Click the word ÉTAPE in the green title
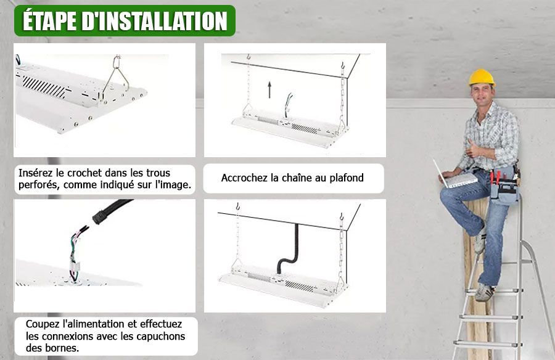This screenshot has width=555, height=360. coord(50,21)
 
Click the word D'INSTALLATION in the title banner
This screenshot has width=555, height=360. coord(154,21)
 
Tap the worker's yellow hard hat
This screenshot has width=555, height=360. coord(482,78)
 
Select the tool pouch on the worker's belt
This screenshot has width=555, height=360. coord(503,187)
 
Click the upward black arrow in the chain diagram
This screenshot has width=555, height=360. coord(269,89)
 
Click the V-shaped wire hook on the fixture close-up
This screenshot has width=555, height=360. coord(116,80)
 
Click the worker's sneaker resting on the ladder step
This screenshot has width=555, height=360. coord(484,292)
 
